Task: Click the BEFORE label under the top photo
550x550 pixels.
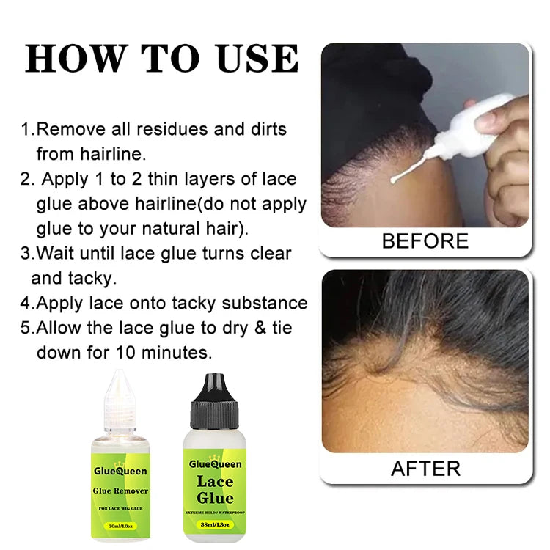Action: coord(425,241)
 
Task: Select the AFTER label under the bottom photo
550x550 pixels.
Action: coord(425,468)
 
